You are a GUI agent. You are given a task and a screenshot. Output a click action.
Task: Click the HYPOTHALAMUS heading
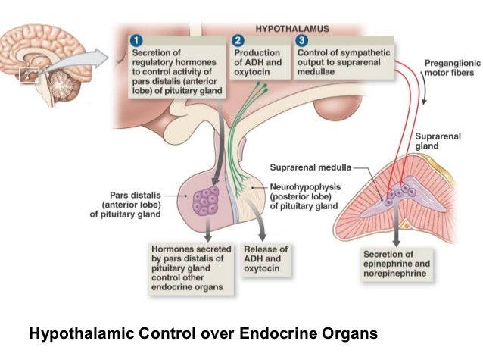291,28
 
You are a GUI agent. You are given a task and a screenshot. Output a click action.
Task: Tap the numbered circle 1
137,40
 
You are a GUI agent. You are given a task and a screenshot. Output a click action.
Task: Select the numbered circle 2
238,40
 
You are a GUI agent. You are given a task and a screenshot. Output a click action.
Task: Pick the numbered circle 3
302,40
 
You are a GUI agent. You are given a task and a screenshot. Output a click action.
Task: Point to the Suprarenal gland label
434,140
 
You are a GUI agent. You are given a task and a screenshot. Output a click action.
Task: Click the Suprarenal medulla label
307,167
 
